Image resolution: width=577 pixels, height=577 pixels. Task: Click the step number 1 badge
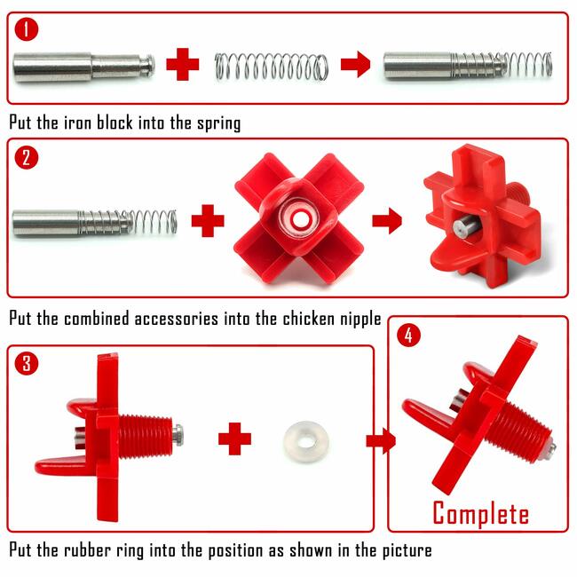click(27, 29)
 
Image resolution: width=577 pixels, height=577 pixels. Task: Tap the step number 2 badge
click(27, 158)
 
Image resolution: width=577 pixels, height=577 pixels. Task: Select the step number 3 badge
click(27, 363)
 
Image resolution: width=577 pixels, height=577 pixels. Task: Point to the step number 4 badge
click(409, 335)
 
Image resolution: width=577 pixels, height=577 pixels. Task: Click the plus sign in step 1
click(183, 64)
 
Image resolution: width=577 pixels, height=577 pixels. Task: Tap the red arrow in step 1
click(355, 64)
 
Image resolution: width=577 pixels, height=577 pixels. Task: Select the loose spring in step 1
click(272, 67)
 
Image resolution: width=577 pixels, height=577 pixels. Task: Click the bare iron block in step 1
click(84, 67)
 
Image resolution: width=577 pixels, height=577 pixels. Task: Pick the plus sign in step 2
click(208, 221)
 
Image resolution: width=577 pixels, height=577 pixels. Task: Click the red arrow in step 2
click(387, 221)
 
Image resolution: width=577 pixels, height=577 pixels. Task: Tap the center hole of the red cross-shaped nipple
click(301, 219)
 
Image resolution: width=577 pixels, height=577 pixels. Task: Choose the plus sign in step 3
click(234, 439)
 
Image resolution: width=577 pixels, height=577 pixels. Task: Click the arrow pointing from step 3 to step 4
click(381, 440)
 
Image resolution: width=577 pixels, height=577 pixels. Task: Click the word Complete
click(480, 514)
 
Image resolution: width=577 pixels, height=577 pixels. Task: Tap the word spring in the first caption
click(219, 123)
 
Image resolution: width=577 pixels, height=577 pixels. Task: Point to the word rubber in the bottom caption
click(87, 550)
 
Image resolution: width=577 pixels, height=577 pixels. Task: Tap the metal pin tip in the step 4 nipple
click(551, 447)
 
